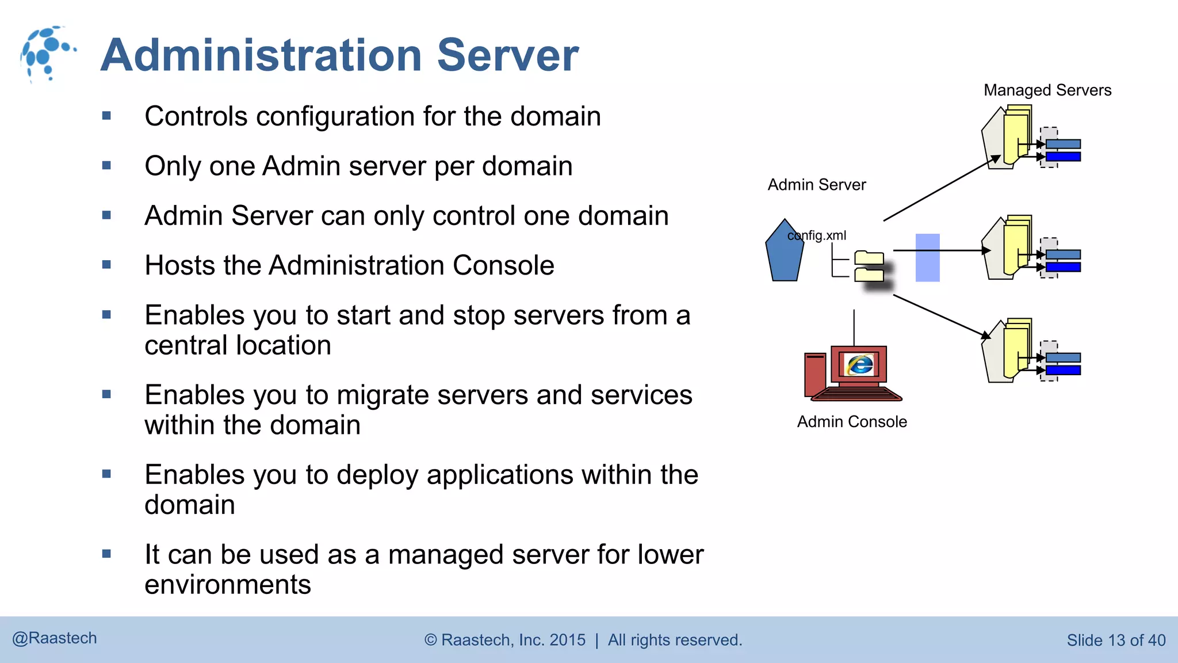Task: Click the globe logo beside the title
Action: click(46, 54)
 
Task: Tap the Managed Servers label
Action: click(1047, 90)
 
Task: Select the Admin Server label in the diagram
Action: click(816, 185)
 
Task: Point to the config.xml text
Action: click(817, 235)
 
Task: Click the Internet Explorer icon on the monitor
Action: click(860, 364)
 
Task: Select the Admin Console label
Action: click(851, 422)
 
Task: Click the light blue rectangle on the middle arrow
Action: click(927, 257)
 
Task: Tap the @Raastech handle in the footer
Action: click(55, 638)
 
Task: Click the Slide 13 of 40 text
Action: click(1115, 641)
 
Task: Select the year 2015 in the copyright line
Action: click(567, 640)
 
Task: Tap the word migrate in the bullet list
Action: click(383, 395)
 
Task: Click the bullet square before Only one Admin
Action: click(106, 166)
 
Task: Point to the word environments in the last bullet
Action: click(228, 585)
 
